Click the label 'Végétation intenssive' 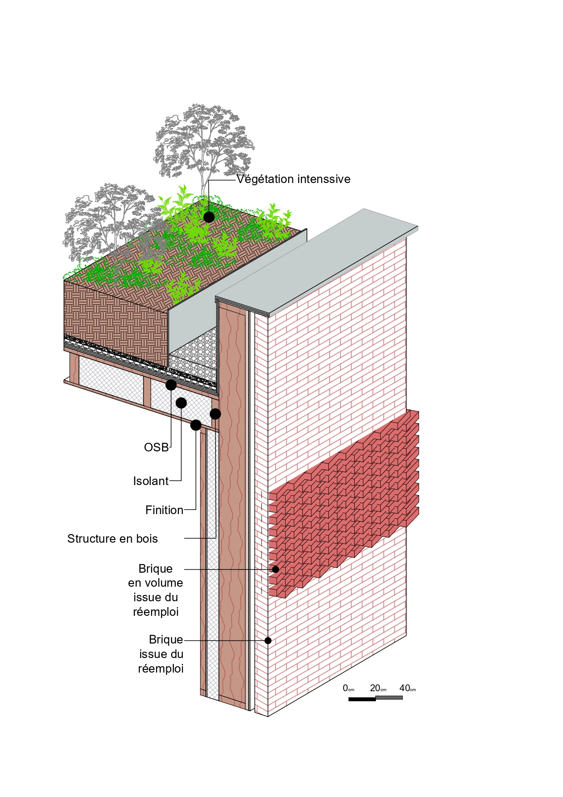[x=293, y=179]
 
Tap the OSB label [x=156, y=447]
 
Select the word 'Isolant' [x=151, y=481]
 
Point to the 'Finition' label [x=164, y=510]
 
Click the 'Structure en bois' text [x=113, y=539]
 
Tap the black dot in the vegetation [x=209, y=217]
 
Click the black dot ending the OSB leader [x=171, y=385]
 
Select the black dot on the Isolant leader [x=181, y=403]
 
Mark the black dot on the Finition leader [x=196, y=425]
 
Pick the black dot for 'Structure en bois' [x=215, y=414]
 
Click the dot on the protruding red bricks [x=276, y=569]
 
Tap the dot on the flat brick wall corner [x=268, y=640]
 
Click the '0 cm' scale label [x=348, y=688]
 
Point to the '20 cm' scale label [x=378, y=688]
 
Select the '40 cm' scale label [x=408, y=688]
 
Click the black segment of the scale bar [x=362, y=699]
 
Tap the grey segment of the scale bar [x=389, y=698]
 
